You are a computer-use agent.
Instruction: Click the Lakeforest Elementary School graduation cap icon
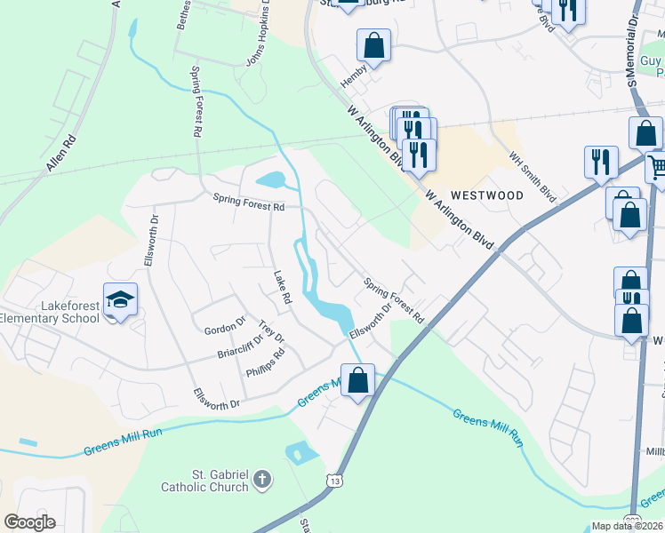coord(120,300)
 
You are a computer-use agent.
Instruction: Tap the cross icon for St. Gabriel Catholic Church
coord(261,480)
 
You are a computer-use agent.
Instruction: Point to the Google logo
coord(30,522)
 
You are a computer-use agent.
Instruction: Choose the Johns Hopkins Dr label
coord(256,44)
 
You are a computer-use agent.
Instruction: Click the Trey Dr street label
coord(271,333)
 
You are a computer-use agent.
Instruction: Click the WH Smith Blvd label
coord(533,175)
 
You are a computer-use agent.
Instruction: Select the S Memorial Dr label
coord(633,44)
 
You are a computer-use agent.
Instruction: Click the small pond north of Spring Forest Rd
coord(272,180)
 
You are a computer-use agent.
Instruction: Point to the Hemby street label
coord(353,80)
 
